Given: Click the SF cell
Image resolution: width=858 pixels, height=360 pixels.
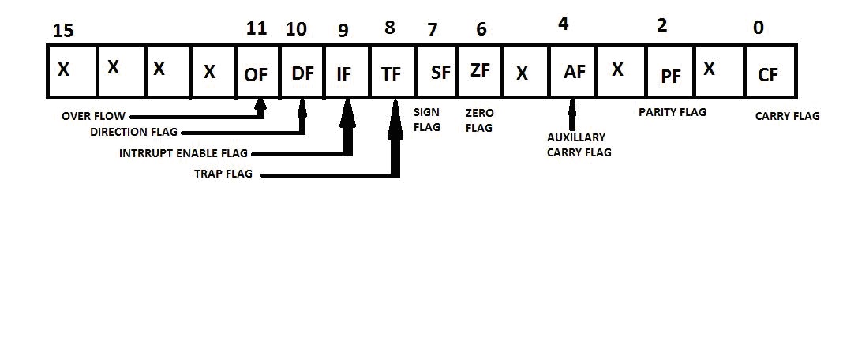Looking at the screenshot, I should pyautogui.click(x=440, y=73).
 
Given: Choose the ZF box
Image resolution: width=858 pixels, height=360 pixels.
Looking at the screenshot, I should pyautogui.click(x=479, y=71).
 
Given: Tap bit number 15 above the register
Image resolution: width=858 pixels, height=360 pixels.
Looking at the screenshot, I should pyautogui.click(x=62, y=32).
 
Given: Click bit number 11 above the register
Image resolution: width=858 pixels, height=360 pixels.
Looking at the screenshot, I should pyautogui.click(x=257, y=30).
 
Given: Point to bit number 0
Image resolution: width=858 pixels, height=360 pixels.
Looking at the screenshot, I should pyautogui.click(x=758, y=28).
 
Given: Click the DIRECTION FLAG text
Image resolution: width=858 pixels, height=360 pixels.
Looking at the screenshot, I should pyautogui.click(x=133, y=132).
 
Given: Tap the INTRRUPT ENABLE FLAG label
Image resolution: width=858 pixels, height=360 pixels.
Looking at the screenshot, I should pyautogui.click(x=183, y=153).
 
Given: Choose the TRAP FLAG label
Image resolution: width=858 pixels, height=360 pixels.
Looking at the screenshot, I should pyautogui.click(x=223, y=174).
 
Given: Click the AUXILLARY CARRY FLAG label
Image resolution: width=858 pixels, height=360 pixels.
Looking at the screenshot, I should pyautogui.click(x=579, y=145).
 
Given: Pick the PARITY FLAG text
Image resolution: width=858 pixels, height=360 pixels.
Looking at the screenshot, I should pyautogui.click(x=673, y=112).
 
